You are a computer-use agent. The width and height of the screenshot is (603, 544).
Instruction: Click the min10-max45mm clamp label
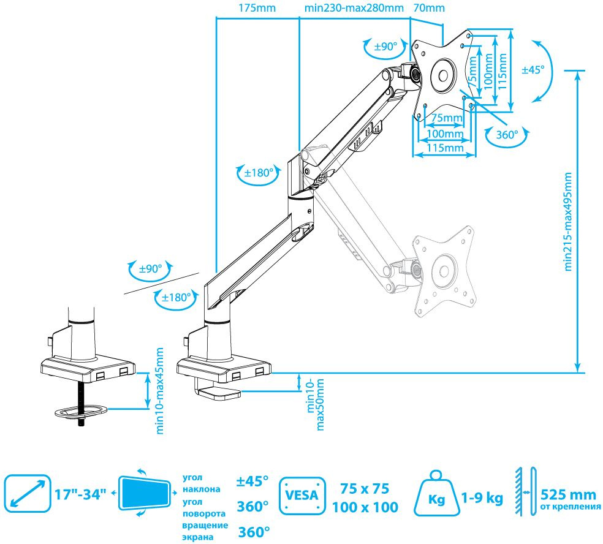[x=160, y=391]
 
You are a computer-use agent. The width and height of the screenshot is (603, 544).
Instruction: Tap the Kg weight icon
[x=436, y=496]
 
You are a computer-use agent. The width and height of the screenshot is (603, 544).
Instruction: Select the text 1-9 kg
[x=483, y=498]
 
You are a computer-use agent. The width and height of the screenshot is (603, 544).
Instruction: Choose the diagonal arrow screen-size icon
[x=27, y=492]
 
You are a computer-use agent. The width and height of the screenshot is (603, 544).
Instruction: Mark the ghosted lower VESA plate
[x=442, y=273]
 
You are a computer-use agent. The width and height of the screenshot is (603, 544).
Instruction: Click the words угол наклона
[x=201, y=483]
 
